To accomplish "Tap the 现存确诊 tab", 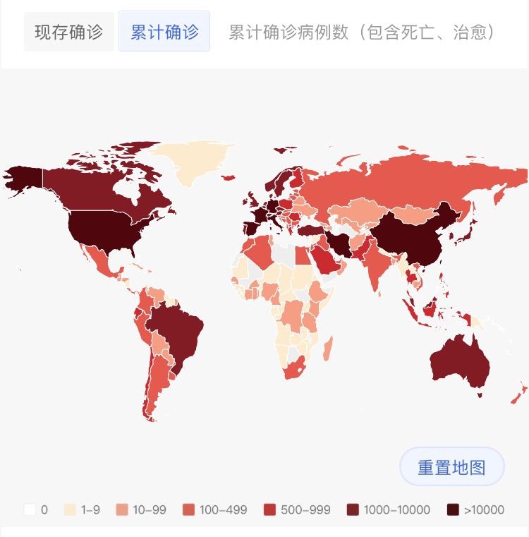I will [68, 32].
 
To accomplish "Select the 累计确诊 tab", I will [164, 32].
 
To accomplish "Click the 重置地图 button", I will [451, 467].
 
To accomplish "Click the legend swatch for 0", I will [30, 509].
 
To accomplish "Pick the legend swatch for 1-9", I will [70, 509].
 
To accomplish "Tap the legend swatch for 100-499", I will [188, 509].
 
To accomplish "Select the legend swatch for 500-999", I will [269, 509].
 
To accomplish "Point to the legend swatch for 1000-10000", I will [353, 509].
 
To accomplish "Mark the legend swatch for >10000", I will [453, 509].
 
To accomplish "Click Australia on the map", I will [458, 360].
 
